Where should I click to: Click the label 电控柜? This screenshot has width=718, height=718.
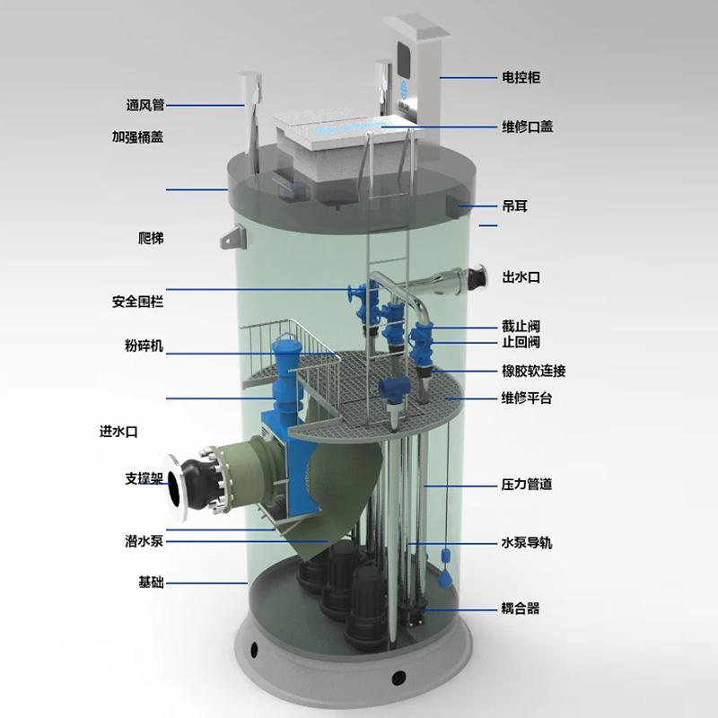click(x=521, y=77)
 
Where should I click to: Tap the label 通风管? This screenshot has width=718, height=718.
click(x=145, y=105)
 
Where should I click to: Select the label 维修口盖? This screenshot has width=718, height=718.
click(x=527, y=127)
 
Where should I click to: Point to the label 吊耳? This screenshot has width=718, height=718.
click(x=514, y=206)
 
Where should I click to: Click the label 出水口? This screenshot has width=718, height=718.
click(x=521, y=277)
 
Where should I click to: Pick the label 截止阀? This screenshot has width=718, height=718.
click(x=521, y=326)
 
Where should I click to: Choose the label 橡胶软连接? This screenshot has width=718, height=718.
click(x=533, y=371)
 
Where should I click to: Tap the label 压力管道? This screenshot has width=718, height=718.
click(x=527, y=484)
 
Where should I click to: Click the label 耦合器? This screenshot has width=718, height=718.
click(x=521, y=609)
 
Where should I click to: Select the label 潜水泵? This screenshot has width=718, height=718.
click(x=144, y=541)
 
